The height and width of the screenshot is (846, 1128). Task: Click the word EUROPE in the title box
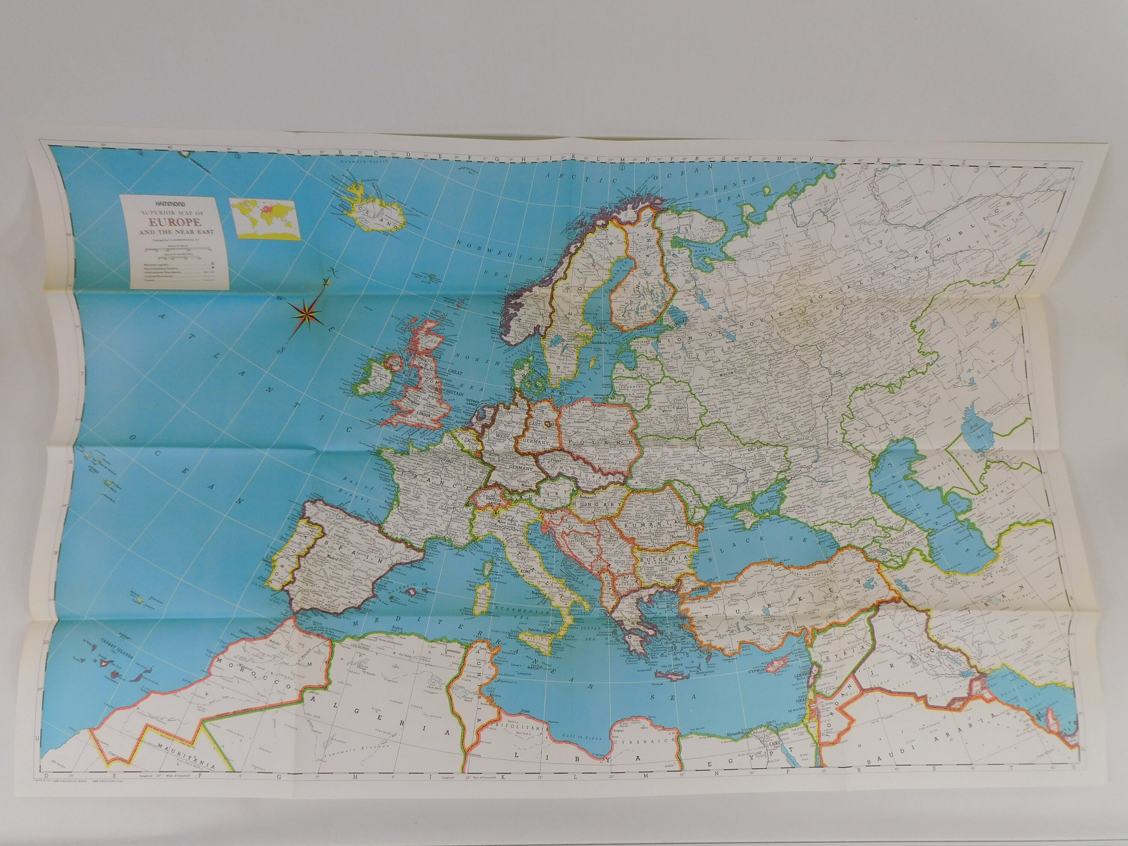[175, 222]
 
